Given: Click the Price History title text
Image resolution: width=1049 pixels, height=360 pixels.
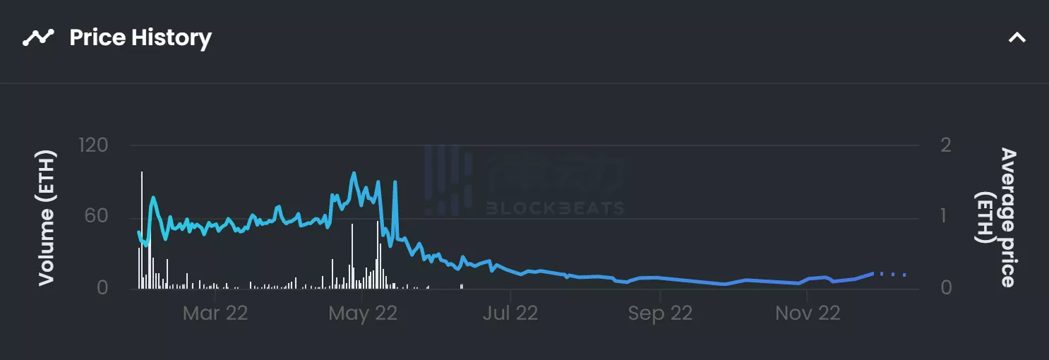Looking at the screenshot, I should [x=140, y=37].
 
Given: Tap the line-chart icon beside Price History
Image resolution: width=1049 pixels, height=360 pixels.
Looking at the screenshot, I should [x=38, y=37].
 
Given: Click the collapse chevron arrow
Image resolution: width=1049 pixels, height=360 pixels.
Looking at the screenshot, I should [x=1017, y=37].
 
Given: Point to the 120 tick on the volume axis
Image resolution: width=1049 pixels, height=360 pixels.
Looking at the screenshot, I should [x=93, y=145].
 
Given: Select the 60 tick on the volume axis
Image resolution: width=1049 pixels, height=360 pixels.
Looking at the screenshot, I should [x=97, y=216].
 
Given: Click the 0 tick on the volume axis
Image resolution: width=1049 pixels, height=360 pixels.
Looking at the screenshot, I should [x=102, y=287].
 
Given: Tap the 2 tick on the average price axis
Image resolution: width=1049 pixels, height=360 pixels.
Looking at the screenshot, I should [x=947, y=145].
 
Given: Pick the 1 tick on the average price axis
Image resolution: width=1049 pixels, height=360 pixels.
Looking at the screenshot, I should [x=946, y=216].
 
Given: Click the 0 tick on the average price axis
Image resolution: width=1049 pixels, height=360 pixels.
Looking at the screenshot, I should [x=947, y=287].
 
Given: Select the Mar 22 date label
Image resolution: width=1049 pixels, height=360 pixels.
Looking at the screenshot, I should [x=215, y=313].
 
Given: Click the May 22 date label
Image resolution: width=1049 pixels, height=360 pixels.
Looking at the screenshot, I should [x=363, y=313].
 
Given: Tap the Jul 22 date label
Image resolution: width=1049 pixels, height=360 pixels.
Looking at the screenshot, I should [x=510, y=313].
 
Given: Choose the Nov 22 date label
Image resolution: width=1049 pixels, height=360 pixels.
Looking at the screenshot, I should [x=808, y=313].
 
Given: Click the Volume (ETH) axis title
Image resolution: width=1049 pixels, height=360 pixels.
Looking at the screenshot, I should [x=47, y=217].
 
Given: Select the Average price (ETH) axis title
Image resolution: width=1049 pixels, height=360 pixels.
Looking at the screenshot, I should [x=998, y=217].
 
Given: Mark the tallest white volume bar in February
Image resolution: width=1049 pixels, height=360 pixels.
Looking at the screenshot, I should [x=142, y=229].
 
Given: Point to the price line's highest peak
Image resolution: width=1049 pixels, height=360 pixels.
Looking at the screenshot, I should [x=353, y=173].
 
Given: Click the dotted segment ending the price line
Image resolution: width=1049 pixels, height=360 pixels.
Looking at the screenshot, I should [x=891, y=274].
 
